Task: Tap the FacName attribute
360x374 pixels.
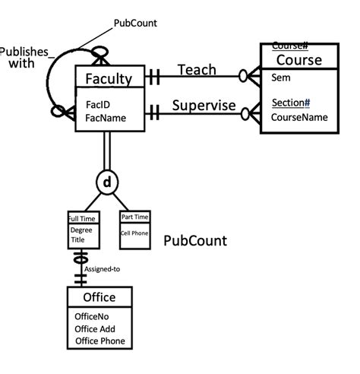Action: tap(100, 118)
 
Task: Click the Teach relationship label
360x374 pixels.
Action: tap(196, 69)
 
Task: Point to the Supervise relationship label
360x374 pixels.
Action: tap(204, 106)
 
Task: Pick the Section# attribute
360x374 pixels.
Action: tap(291, 103)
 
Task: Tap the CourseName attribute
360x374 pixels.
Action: tap(299, 117)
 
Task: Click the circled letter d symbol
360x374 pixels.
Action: tap(107, 182)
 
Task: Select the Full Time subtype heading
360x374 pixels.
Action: tap(82, 219)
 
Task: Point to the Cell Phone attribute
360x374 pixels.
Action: tap(134, 233)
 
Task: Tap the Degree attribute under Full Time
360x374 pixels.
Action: tap(81, 229)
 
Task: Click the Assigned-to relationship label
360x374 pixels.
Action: tap(101, 268)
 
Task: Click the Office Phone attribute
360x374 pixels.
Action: tap(100, 341)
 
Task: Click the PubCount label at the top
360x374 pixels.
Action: tap(135, 23)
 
